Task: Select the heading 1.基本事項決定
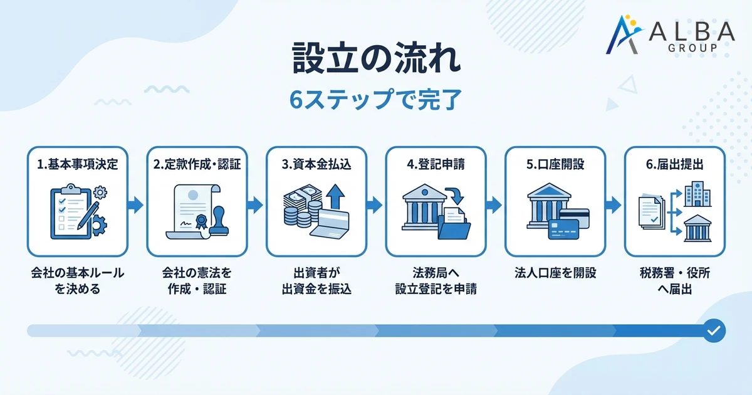78,165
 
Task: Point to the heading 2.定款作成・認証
197,165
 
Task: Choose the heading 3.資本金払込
316,165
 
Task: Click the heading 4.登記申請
436,165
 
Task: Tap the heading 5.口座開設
555,165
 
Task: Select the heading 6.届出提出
674,165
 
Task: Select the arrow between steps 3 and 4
373,204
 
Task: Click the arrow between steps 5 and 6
612,204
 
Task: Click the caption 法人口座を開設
555,273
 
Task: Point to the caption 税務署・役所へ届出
674,282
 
